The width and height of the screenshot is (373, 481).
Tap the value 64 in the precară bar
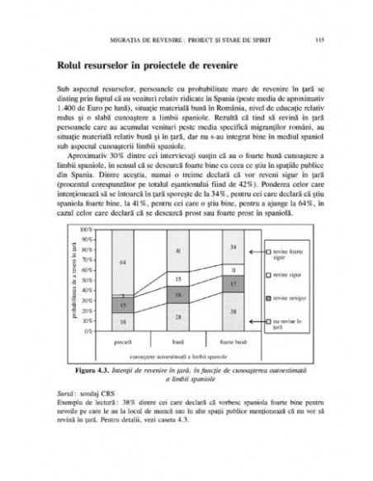tap(123, 261)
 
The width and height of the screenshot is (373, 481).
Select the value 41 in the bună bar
tap(177, 250)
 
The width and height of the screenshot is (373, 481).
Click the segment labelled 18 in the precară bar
tap(123, 323)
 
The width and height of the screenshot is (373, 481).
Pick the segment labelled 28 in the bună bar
tap(177, 316)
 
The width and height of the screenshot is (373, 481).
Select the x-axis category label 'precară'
tap(123, 339)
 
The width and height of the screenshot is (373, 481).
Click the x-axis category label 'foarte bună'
tap(234, 339)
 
